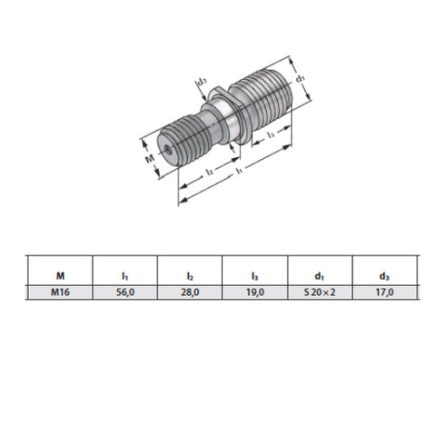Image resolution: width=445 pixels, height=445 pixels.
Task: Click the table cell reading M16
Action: pyautogui.click(x=60, y=292)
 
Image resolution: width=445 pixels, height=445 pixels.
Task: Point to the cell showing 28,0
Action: pyautogui.click(x=189, y=292)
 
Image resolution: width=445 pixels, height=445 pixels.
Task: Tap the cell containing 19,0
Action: pyautogui.click(x=253, y=292)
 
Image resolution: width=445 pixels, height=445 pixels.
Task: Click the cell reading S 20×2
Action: pyautogui.click(x=319, y=292)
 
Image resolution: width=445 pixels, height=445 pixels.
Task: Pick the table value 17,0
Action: pyautogui.click(x=383, y=292)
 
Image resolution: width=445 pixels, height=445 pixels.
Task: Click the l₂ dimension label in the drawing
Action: pyautogui.click(x=209, y=169)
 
